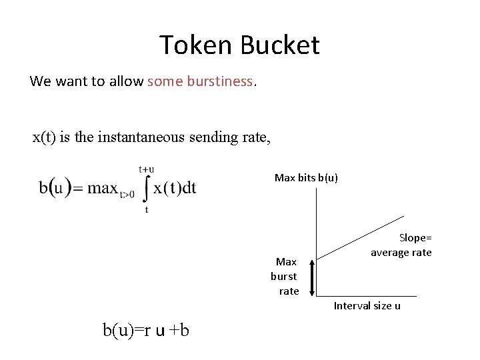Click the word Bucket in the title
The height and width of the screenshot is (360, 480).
click(x=280, y=45)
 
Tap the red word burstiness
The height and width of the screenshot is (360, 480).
click(x=220, y=81)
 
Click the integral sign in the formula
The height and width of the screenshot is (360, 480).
click(x=146, y=189)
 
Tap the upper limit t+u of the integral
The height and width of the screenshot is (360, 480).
click(x=146, y=169)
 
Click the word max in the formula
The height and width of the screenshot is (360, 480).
click(x=102, y=188)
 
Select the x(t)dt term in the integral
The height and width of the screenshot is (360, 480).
click(x=175, y=187)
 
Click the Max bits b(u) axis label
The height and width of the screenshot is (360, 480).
click(x=306, y=177)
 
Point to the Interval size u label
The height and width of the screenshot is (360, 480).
click(x=367, y=305)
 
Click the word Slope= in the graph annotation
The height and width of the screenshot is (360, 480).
click(x=415, y=237)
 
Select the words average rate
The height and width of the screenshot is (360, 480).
click(x=401, y=252)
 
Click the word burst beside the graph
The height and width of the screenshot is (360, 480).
click(x=284, y=276)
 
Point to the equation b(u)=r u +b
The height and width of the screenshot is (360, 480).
click(x=145, y=329)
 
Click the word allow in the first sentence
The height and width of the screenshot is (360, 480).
click(x=126, y=81)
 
